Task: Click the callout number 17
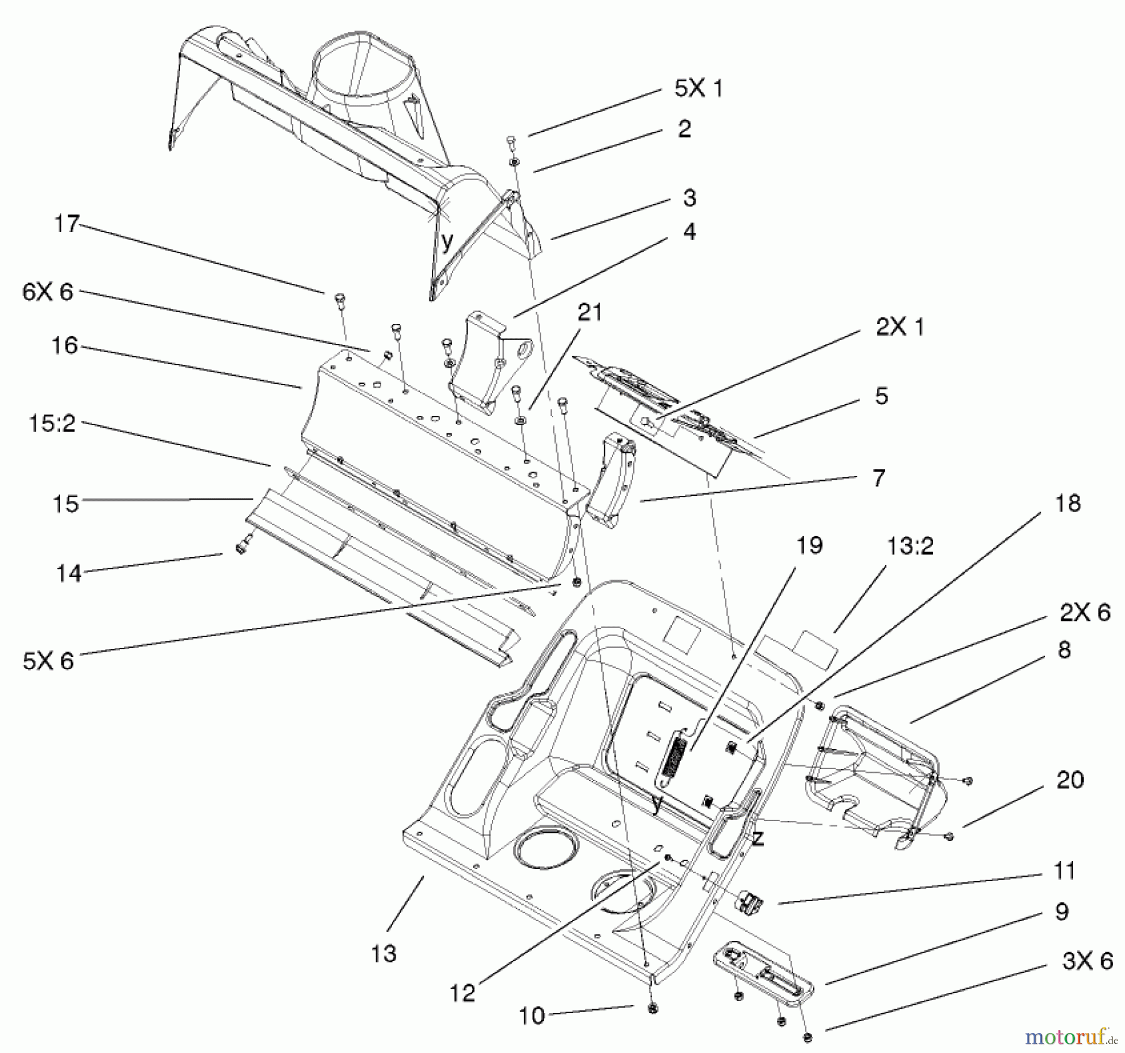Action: (x=67, y=223)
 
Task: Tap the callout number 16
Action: (x=65, y=345)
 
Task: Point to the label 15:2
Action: (x=52, y=424)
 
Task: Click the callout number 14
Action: (x=69, y=573)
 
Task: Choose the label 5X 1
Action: (x=698, y=88)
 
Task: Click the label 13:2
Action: (x=910, y=546)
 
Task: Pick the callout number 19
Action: (x=810, y=545)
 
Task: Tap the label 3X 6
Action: (x=1087, y=960)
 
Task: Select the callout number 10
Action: (x=532, y=1016)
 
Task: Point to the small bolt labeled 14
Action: (x=241, y=548)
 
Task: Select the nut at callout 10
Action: (x=652, y=1008)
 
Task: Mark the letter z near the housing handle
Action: (x=758, y=839)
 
